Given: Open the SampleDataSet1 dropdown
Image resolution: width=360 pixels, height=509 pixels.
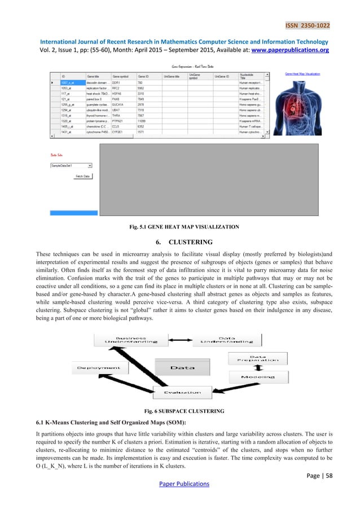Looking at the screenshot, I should (x=71, y=166).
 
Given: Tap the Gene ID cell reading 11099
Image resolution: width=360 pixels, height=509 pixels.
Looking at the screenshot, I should (x=143, y=120).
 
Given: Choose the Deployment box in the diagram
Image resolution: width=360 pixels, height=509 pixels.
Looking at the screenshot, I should (x=96, y=367).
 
